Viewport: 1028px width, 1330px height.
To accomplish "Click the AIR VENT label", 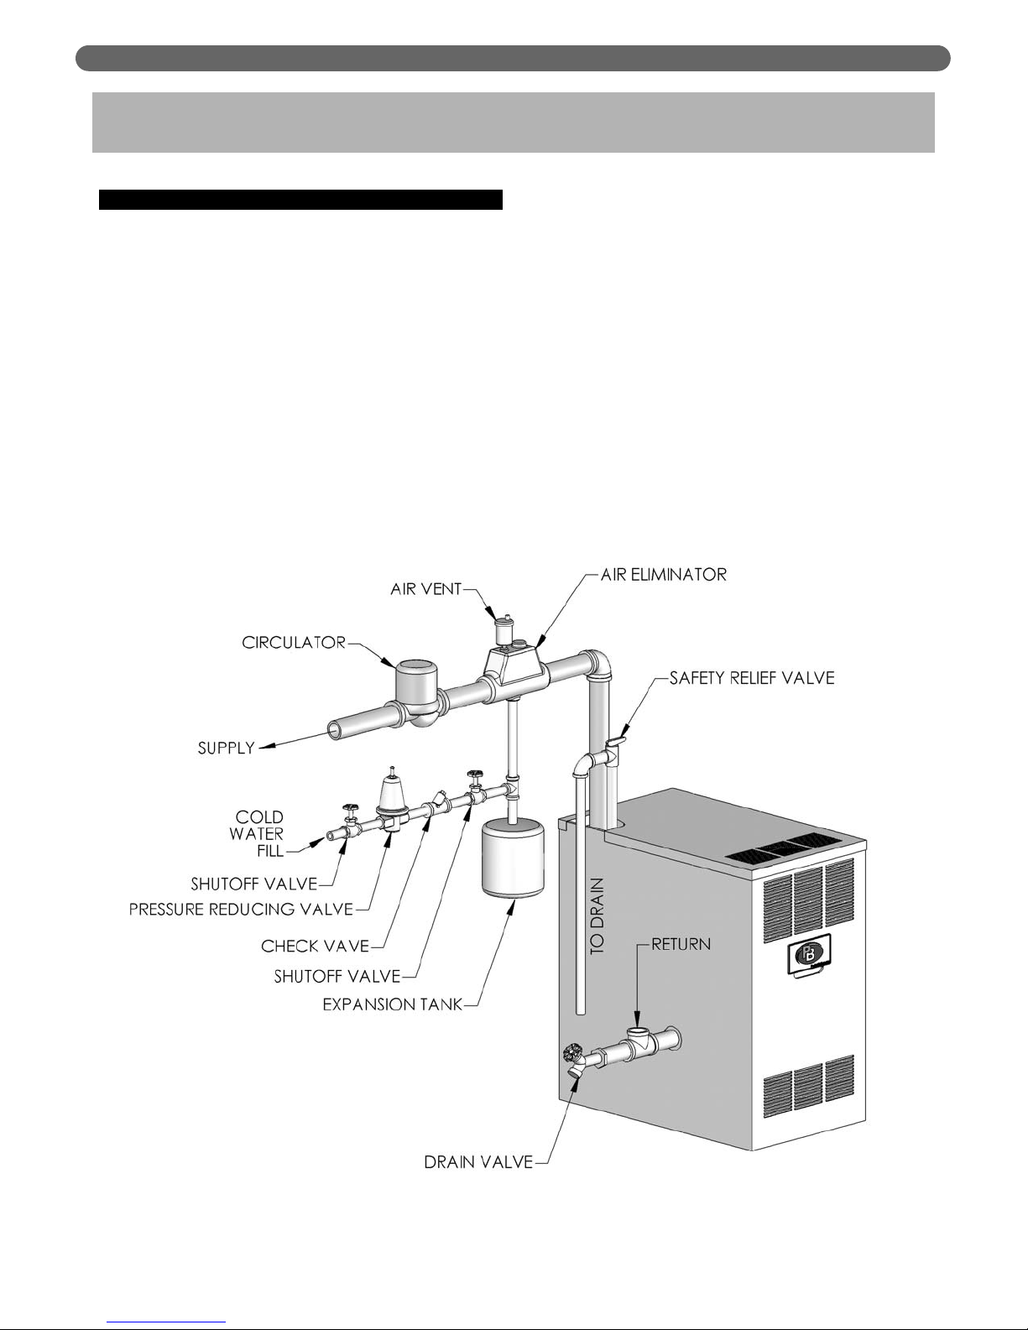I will [425, 589].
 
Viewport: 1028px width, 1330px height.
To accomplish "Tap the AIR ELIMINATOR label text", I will [663, 575].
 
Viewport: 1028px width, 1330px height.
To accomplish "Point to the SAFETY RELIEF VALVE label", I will [751, 678].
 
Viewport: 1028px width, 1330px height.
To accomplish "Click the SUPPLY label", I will [226, 748].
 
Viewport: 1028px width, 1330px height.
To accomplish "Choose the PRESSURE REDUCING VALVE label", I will [241, 909].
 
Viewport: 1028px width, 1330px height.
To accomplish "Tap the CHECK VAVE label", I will [315, 946].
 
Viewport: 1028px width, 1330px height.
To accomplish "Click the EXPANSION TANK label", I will [393, 1004].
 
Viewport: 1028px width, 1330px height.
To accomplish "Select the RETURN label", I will [681, 945].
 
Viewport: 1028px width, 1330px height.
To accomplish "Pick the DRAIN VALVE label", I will [478, 1162].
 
